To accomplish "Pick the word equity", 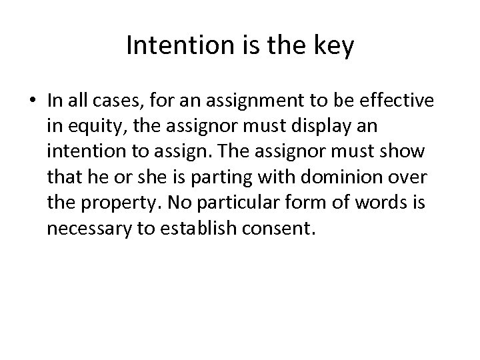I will [x=91, y=126].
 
